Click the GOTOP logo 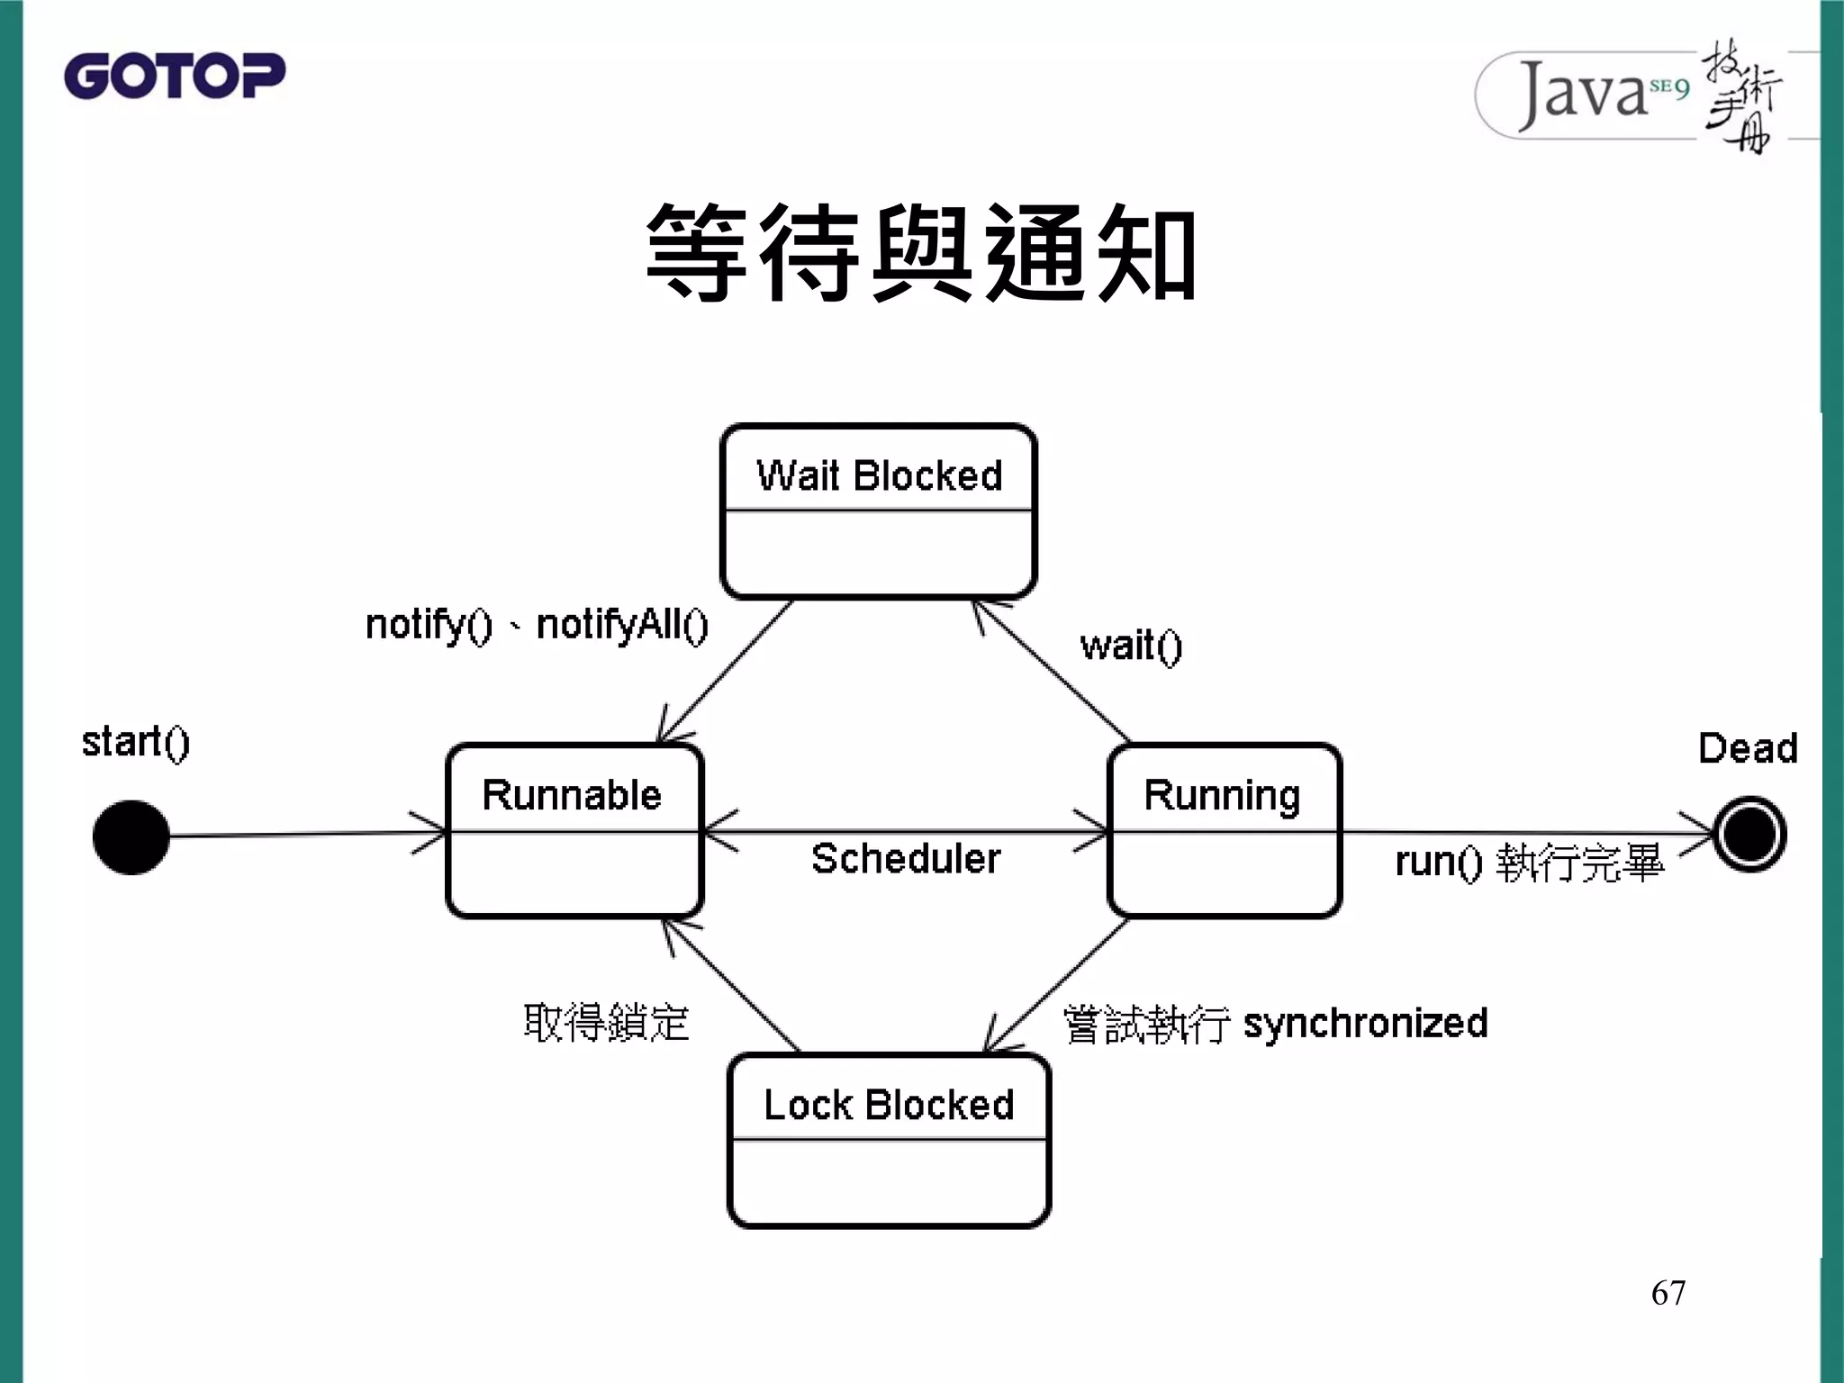(x=175, y=76)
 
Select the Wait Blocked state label (x=879, y=475)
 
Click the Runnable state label (x=572, y=795)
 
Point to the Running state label (x=1222, y=796)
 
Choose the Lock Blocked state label (x=889, y=1105)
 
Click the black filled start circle (x=131, y=837)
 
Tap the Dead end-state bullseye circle (x=1749, y=835)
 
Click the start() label (x=136, y=743)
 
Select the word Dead (x=1748, y=748)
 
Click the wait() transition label (x=1131, y=646)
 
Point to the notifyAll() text (x=622, y=625)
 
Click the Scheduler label (x=906, y=859)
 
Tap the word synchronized (x=1365, y=1024)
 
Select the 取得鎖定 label (x=606, y=1024)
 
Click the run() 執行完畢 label (x=1529, y=863)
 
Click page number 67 (x=1668, y=1293)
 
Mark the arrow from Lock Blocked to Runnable (x=731, y=985)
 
